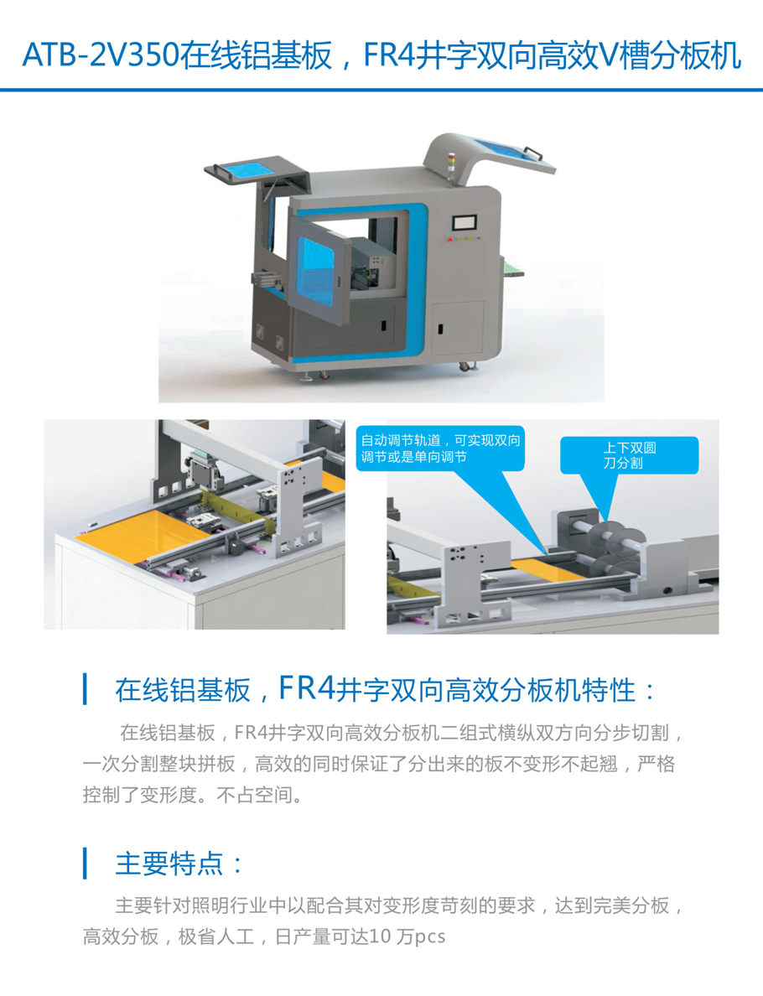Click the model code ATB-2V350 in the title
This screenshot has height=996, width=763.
point(101,55)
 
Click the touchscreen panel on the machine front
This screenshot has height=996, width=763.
point(465,223)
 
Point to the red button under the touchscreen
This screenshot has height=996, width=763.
point(450,240)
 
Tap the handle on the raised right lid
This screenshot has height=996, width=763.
point(533,153)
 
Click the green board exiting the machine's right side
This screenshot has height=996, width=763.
point(512,267)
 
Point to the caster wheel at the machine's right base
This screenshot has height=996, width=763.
point(465,366)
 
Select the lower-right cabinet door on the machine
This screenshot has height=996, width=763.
point(458,328)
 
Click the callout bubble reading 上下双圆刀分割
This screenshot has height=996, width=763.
point(629,454)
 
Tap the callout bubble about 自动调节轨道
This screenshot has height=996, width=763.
point(440,449)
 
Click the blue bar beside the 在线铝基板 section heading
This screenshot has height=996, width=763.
point(86,689)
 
